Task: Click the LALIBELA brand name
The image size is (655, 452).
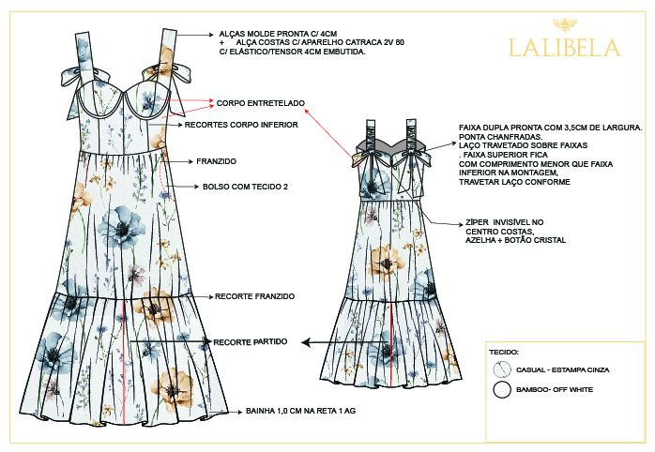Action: coord(563,47)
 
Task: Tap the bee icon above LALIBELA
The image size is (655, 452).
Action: coord(564,23)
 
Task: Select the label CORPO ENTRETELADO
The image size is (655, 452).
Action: coord(261,103)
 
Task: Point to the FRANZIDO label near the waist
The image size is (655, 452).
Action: coord(217,160)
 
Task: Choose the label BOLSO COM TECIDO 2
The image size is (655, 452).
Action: coord(244,187)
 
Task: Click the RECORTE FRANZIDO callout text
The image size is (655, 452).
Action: coord(255,296)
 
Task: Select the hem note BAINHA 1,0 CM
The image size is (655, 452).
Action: coord(301,411)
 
